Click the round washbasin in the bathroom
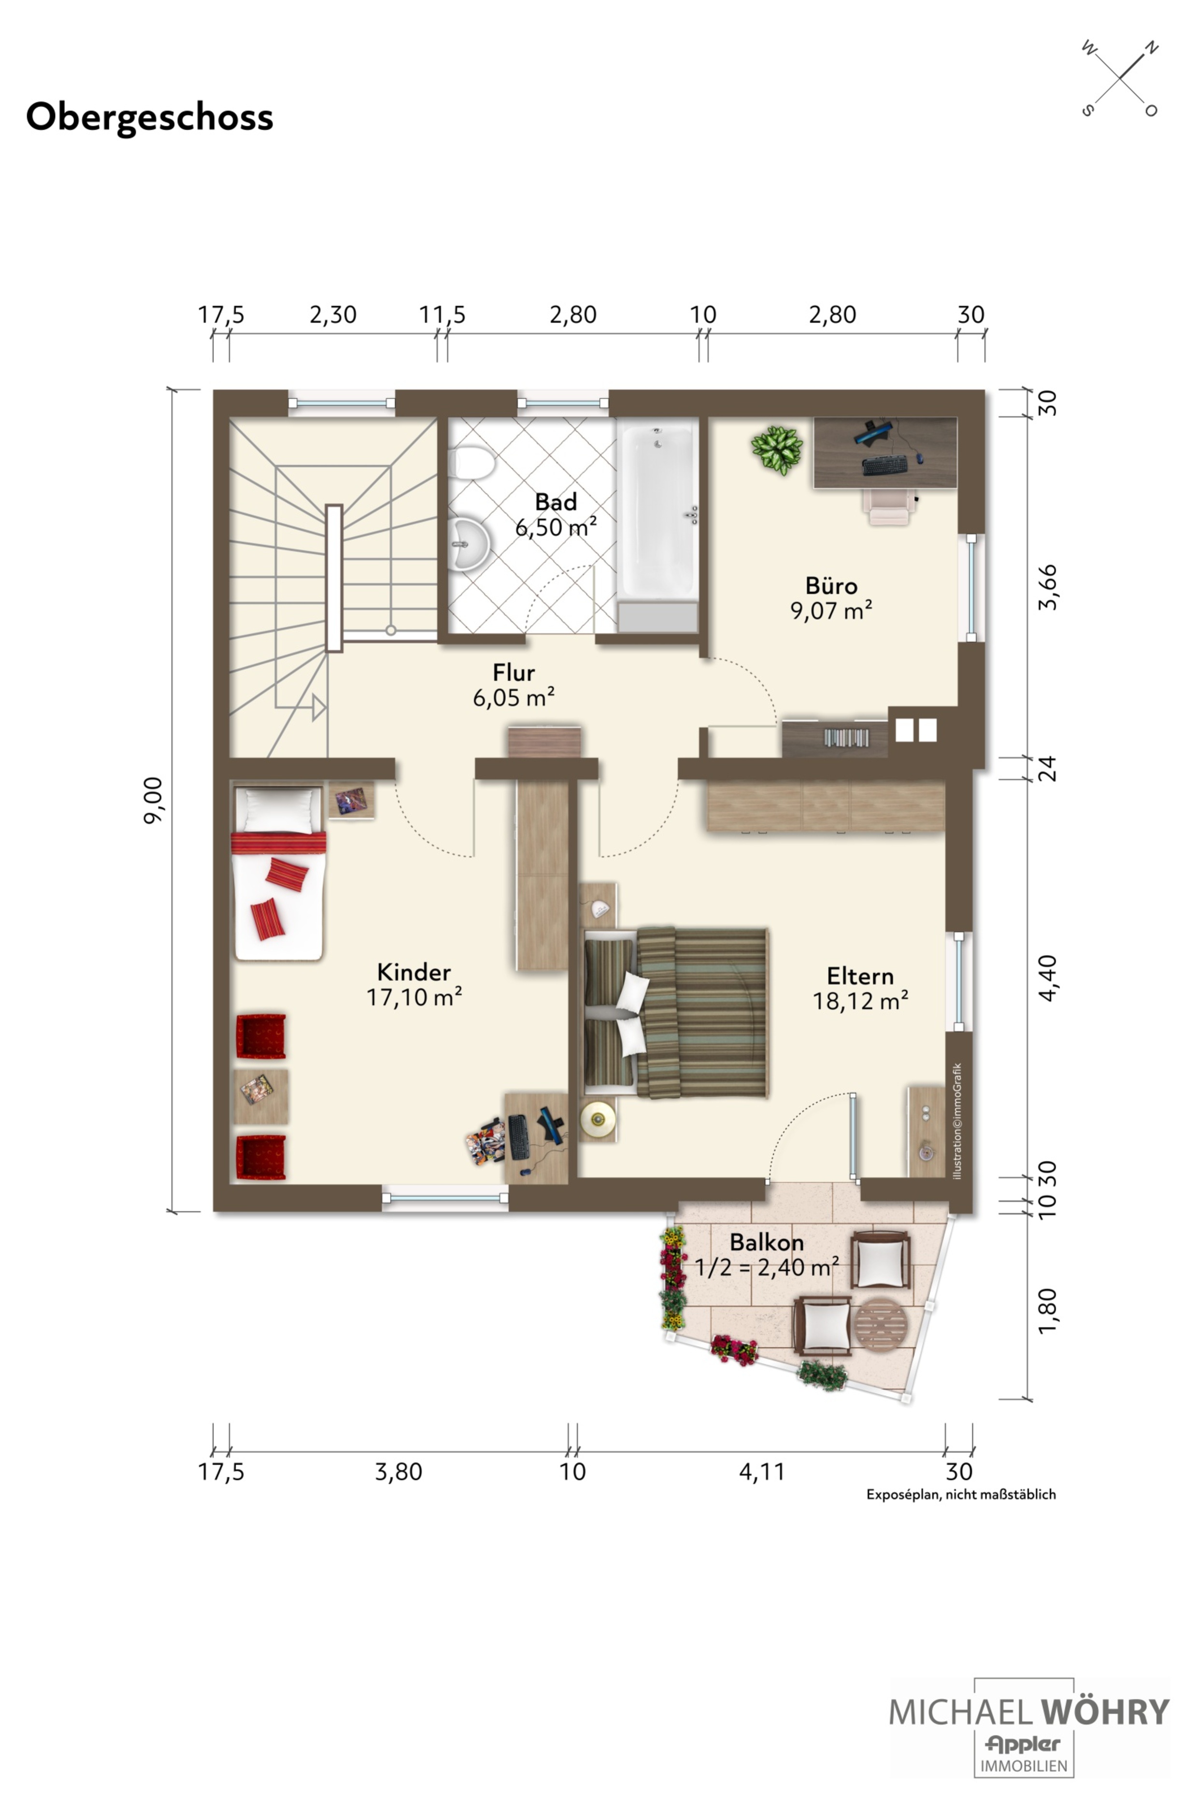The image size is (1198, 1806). (469, 544)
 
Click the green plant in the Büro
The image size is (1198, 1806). (777, 449)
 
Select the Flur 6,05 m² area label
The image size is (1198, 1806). (513, 685)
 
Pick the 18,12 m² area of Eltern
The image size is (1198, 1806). (860, 1001)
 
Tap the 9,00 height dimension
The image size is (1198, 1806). (153, 800)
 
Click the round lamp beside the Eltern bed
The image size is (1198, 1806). (598, 1120)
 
